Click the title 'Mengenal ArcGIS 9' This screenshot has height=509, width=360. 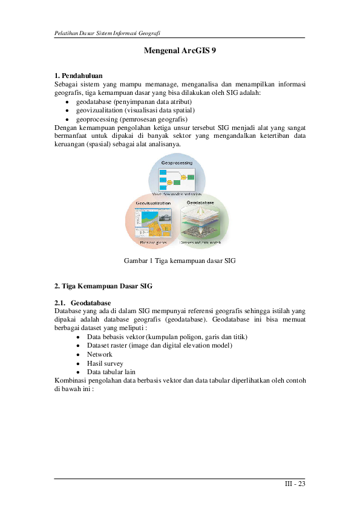[180, 52]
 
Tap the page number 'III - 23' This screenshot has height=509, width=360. [295, 484]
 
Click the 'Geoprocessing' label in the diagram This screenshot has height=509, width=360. [177, 163]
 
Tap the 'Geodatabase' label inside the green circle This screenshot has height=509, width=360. [200, 201]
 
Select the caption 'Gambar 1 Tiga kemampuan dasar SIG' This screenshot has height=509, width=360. [179, 261]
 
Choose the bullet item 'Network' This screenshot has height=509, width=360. [99, 354]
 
